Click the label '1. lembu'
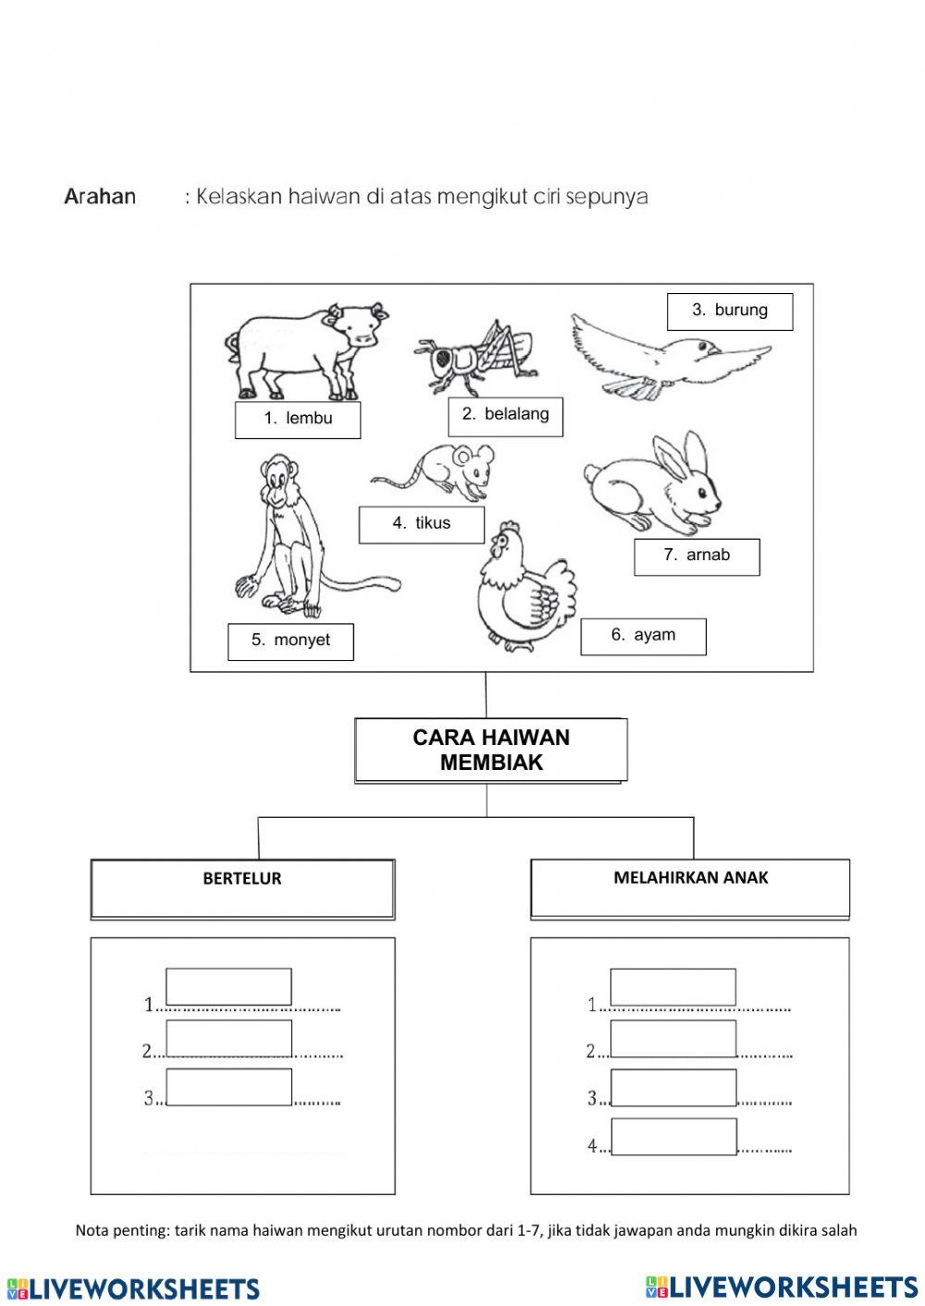298,419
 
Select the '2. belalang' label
505,415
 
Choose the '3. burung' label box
730,311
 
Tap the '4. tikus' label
421,524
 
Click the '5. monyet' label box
290,641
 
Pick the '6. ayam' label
643,636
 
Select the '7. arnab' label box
697,556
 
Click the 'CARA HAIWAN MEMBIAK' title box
490,751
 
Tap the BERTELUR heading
242,880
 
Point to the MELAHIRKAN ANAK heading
690,878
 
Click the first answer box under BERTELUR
228,986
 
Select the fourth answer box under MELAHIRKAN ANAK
674,1136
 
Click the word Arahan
100,197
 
